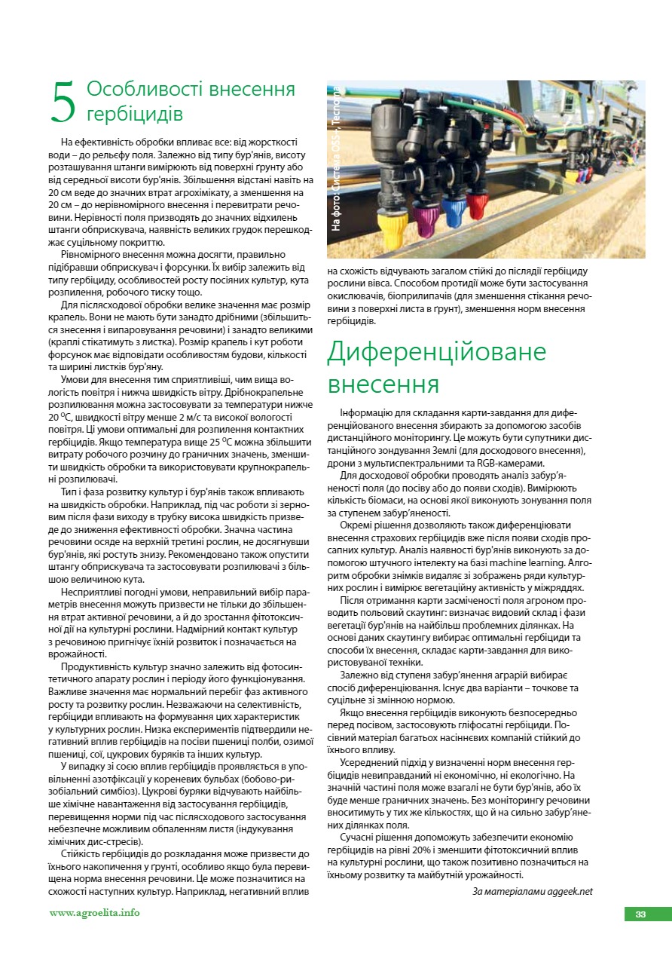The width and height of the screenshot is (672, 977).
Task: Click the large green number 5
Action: coord(63,103)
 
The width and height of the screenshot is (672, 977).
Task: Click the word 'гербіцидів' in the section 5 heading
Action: coord(135,114)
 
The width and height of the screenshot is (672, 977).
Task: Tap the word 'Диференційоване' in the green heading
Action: coord(436,353)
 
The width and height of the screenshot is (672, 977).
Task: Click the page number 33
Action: coord(640,914)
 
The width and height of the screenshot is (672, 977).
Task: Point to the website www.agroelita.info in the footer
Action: coord(94,913)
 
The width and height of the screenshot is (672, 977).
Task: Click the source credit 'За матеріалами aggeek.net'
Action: coord(533,891)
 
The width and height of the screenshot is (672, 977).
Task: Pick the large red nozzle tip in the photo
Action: coord(476,201)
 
